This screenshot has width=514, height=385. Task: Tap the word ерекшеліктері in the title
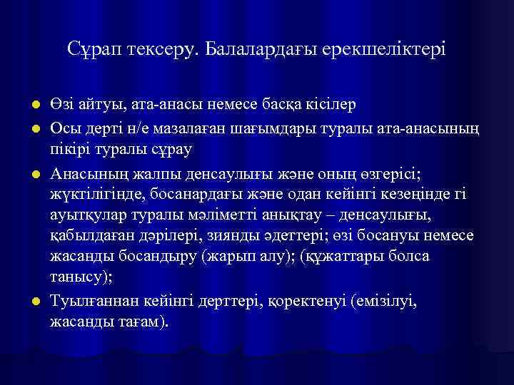pos(385,49)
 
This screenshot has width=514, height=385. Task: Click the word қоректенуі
pos(305,301)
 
